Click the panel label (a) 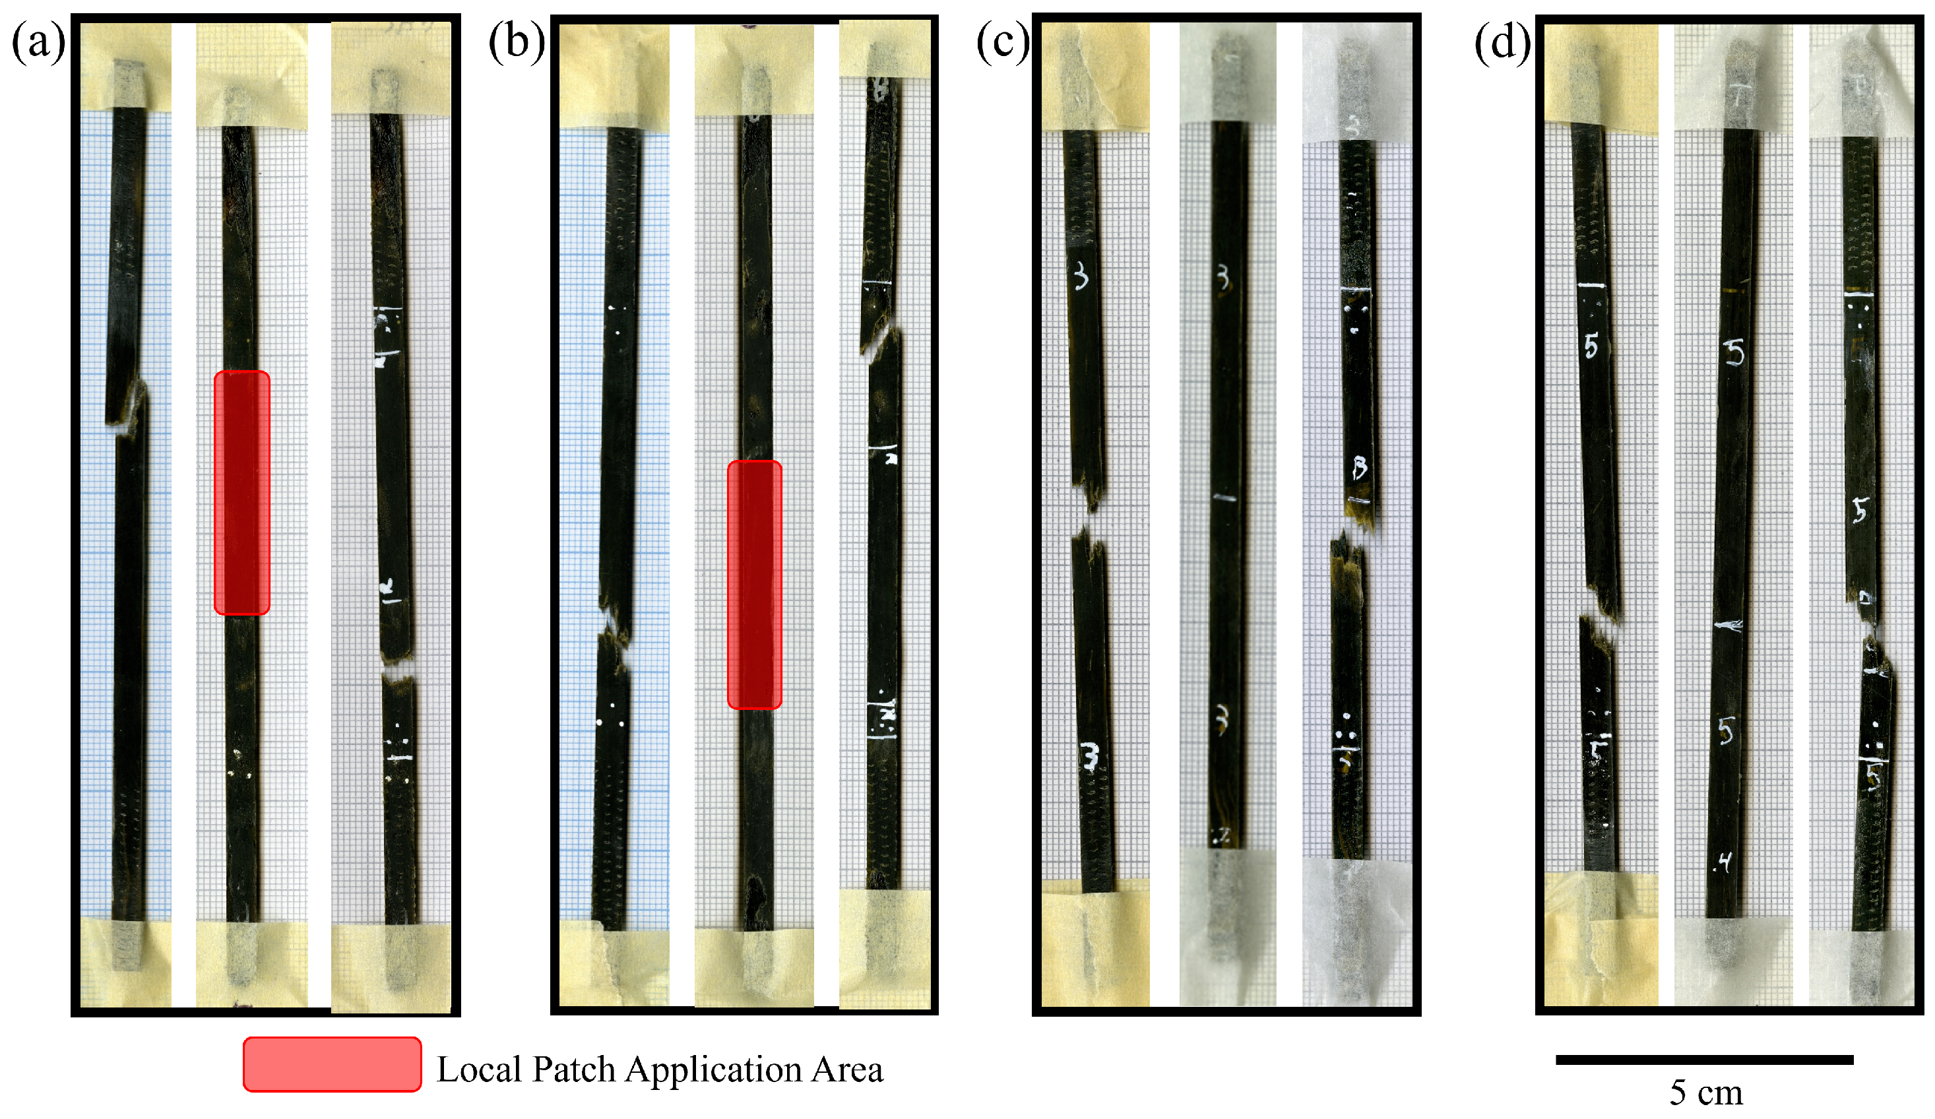[x=38, y=42]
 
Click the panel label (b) [x=517, y=42]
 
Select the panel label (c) [x=1003, y=42]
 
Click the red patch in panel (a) [x=242, y=492]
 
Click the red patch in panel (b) [x=754, y=584]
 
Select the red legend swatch [x=332, y=1064]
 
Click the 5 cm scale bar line [x=1704, y=1060]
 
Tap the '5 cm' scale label [x=1705, y=1092]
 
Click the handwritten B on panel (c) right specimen [x=1360, y=467]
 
